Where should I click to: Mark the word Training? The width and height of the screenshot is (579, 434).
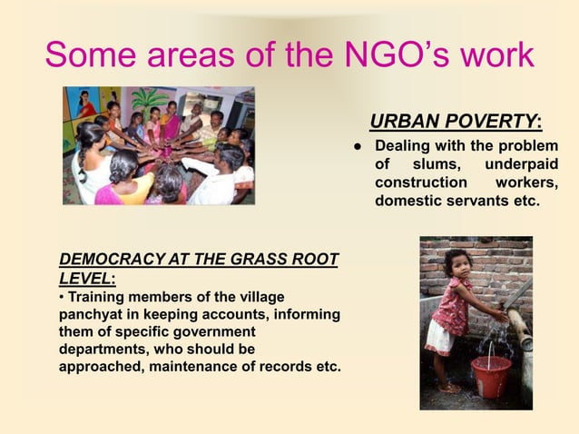97,297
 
